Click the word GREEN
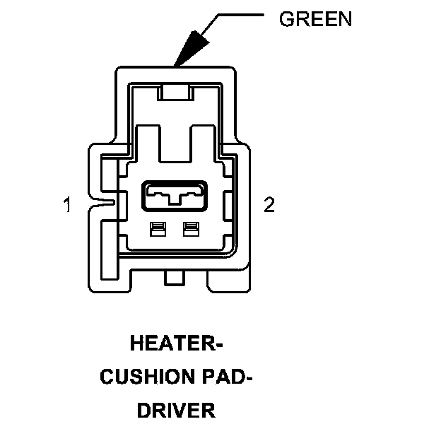click(315, 19)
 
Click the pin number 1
click(67, 206)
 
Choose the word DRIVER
click(176, 410)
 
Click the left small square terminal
click(158, 229)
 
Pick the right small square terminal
click(189, 229)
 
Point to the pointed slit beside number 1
click(105, 205)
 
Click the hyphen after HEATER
click(218, 346)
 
